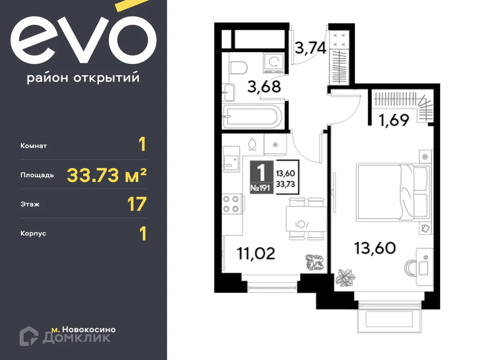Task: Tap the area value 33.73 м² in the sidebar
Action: coord(106,175)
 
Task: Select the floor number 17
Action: coord(137,204)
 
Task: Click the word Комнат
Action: coord(34,146)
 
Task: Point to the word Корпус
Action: coord(33,233)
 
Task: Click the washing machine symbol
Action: coord(274,63)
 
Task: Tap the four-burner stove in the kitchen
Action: coord(232,203)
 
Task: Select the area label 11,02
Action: coord(256,253)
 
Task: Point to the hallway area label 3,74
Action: coord(310,48)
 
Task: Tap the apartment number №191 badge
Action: coord(262,188)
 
